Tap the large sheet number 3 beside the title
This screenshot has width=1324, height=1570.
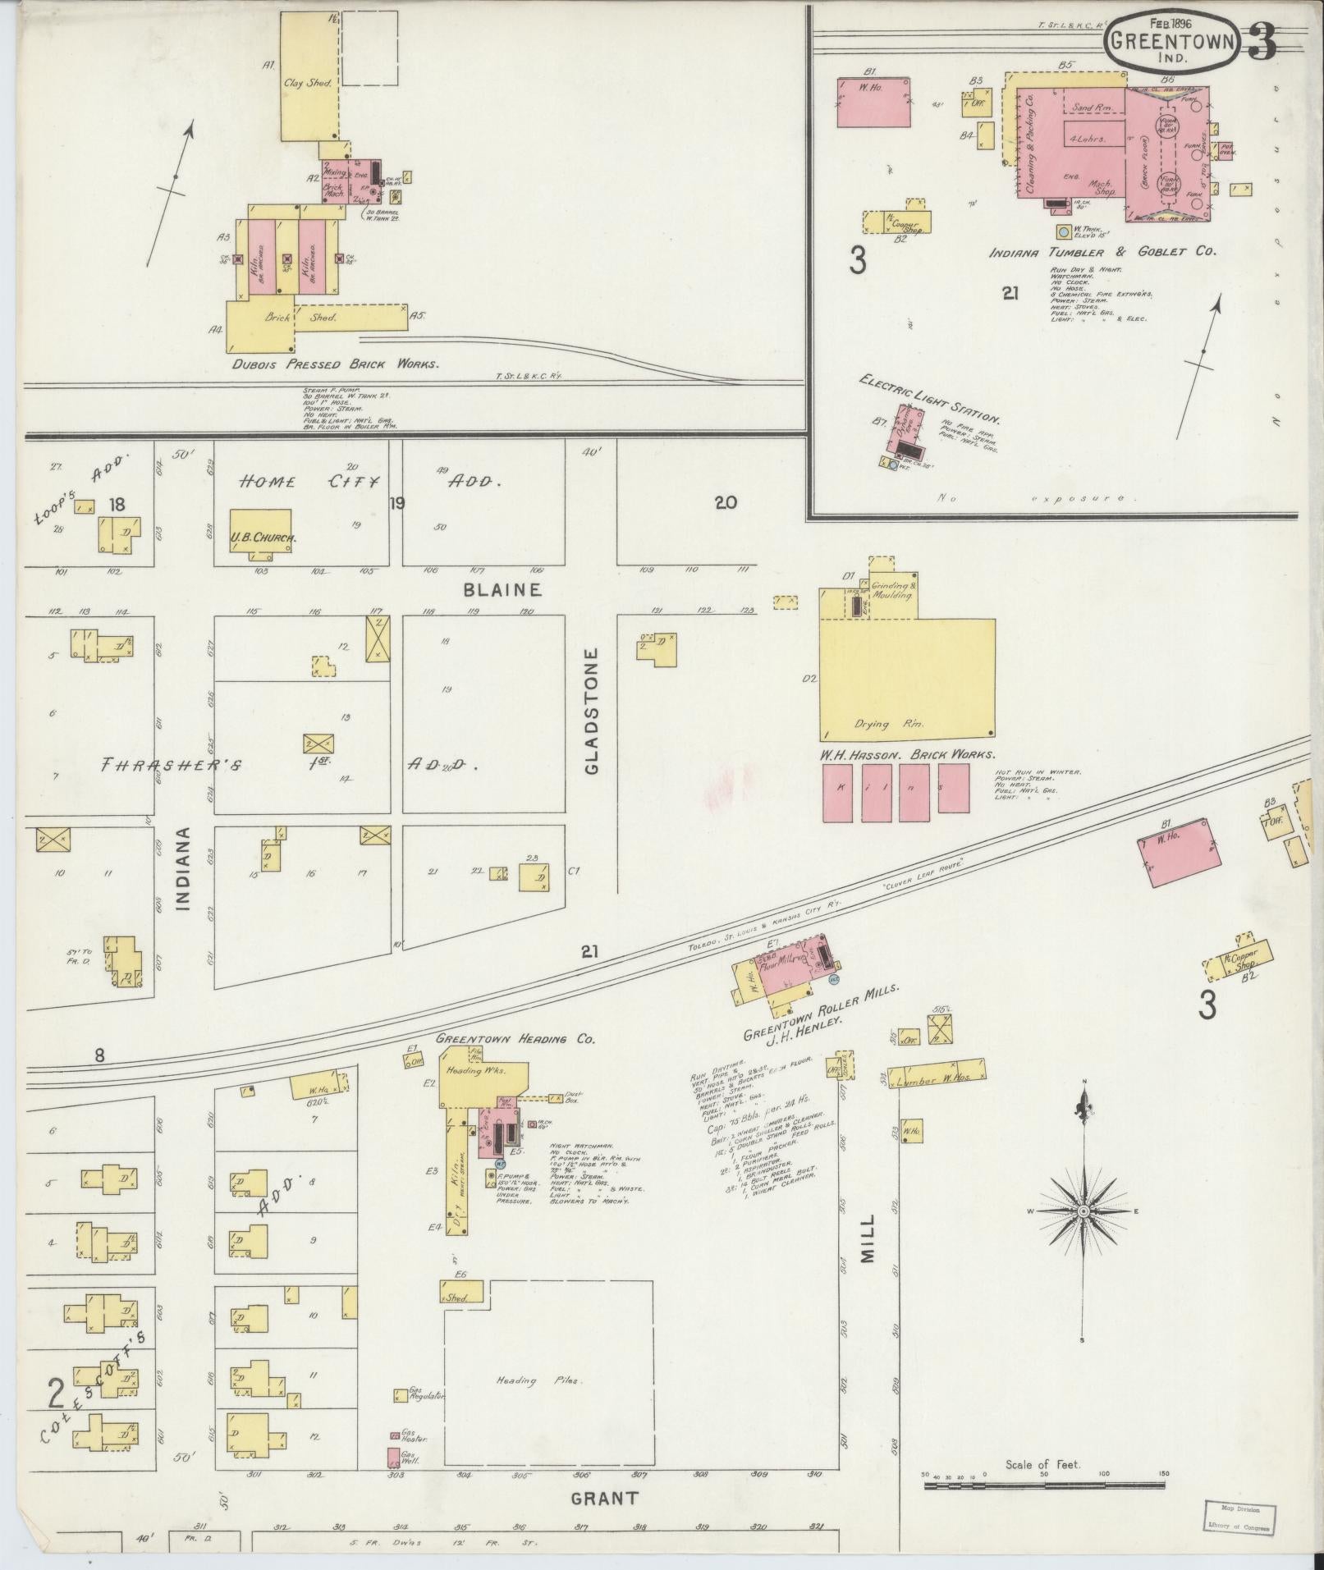pyautogui.click(x=1262, y=43)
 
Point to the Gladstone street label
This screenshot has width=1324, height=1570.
pyautogui.click(x=593, y=711)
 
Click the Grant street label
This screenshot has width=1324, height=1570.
pyautogui.click(x=604, y=1499)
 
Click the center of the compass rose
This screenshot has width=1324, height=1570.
pyautogui.click(x=1083, y=1211)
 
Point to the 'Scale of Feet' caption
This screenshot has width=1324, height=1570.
pyautogui.click(x=1043, y=1464)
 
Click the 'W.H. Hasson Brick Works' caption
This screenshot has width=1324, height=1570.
pyautogui.click(x=908, y=753)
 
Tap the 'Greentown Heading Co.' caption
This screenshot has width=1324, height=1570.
pyautogui.click(x=515, y=1038)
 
